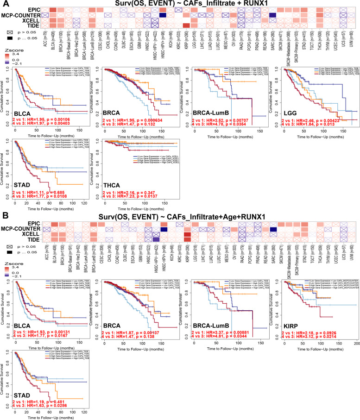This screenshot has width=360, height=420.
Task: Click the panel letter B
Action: point(4,216)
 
